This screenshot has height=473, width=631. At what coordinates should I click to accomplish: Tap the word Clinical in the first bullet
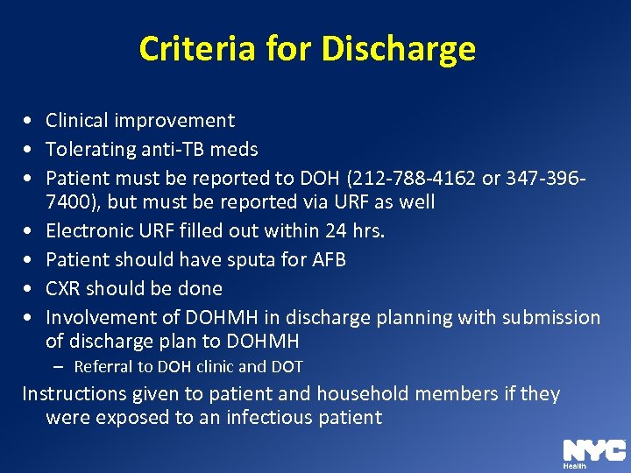tap(78, 121)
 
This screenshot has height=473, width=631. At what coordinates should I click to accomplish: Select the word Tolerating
tap(89, 150)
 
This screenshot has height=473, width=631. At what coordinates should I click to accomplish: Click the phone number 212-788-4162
tap(415, 179)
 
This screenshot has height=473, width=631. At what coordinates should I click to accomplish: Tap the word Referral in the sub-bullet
tap(104, 367)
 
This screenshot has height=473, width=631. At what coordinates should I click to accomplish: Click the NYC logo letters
tap(593, 450)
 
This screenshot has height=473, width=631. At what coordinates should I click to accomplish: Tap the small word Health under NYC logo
tap(575, 467)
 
